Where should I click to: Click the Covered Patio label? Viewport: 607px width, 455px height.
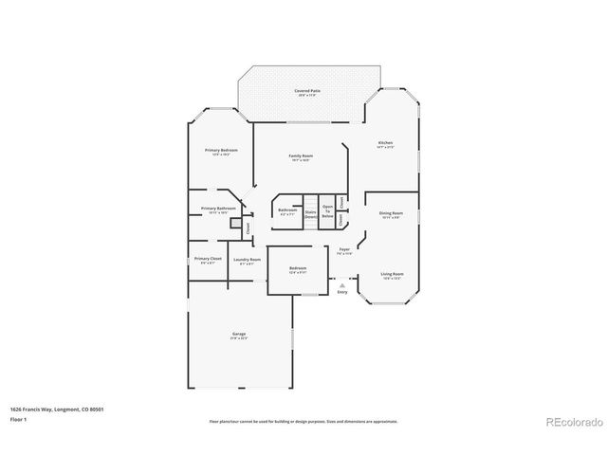tap(307, 91)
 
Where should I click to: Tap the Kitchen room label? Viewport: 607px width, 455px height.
tap(384, 143)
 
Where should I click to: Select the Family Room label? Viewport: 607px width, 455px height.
tap(301, 155)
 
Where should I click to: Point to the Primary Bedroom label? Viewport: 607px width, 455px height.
tap(221, 151)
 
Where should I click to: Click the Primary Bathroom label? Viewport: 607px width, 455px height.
tap(218, 209)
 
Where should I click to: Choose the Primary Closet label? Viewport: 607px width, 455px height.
tap(208, 259)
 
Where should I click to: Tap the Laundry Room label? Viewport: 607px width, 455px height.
tap(247, 260)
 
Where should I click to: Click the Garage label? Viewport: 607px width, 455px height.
tap(239, 334)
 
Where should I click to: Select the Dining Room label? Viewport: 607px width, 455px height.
tap(391, 213)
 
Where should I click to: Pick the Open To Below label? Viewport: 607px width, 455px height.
tap(327, 211)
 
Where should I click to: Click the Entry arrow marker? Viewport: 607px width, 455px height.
tap(342, 284)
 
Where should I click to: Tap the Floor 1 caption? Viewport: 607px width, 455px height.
tap(18, 418)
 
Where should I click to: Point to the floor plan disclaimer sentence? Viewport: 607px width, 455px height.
tap(303, 421)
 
